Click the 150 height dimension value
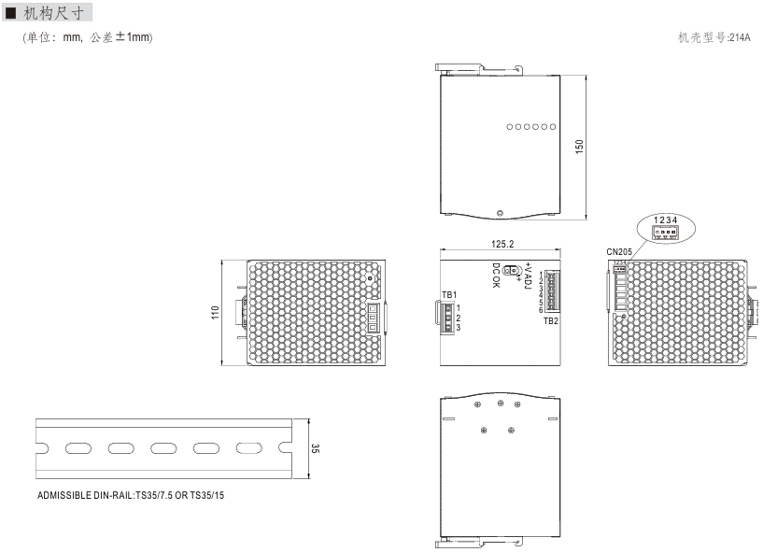[579, 147]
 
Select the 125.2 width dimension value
[502, 244]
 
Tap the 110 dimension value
[215, 313]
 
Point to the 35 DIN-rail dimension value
[316, 448]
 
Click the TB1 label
[449, 295]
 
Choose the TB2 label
[551, 320]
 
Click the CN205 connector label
[619, 251]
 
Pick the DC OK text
[496, 275]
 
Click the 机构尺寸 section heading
[53, 13]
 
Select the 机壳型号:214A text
[714, 37]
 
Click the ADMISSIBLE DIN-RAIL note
[131, 496]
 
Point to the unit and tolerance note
[88, 37]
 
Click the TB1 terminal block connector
[447, 318]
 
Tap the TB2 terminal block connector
[553, 291]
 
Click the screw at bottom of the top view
[500, 213]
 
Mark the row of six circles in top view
[530, 127]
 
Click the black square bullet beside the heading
[10, 13]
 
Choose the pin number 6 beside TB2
[541, 309]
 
